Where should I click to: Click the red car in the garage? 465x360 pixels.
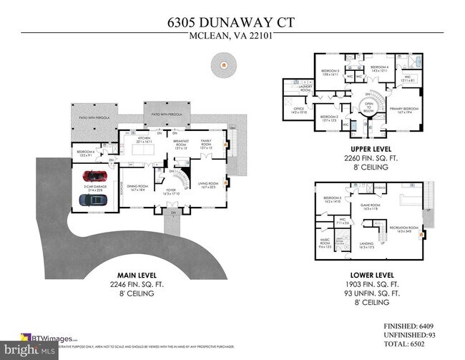[94, 175]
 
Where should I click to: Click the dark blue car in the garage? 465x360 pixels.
[94, 200]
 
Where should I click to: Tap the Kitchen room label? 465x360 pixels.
[144, 141]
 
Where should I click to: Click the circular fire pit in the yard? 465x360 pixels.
[224, 67]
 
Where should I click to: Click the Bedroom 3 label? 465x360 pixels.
[330, 72]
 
